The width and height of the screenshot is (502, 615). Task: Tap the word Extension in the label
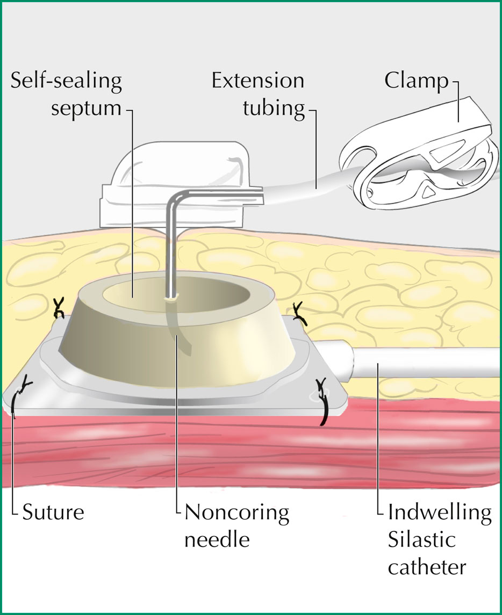(258, 81)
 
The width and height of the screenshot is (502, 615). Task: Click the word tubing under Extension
(274, 108)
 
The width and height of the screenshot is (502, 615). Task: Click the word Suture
(53, 512)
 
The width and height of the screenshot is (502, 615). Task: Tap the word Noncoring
(236, 513)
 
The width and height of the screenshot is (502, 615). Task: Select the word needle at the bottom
(217, 540)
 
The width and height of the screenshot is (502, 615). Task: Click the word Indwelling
(440, 513)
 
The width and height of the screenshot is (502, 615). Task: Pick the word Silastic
(421, 540)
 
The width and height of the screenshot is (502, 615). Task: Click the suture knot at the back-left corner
(59, 307)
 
